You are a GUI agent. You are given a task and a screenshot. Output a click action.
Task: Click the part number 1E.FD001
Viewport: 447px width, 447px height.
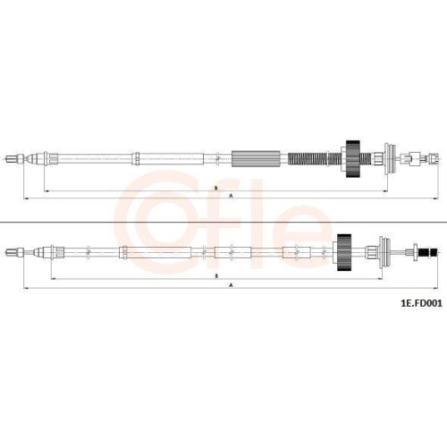point(421,303)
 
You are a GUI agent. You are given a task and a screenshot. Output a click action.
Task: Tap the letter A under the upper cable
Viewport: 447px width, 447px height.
point(231,196)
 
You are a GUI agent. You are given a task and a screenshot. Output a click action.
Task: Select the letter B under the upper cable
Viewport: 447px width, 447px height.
point(216,188)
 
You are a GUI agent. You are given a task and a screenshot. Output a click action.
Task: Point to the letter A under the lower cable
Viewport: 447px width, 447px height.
point(231,285)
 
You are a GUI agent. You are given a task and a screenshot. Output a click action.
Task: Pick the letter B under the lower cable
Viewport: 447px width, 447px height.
point(216,276)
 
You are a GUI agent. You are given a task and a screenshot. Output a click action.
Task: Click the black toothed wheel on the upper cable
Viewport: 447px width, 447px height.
point(353,158)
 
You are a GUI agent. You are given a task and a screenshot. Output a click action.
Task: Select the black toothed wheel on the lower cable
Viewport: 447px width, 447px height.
point(344,252)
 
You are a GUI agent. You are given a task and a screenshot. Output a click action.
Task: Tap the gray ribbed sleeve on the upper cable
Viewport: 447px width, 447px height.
point(256,159)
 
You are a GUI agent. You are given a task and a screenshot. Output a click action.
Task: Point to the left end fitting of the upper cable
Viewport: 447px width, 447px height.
point(14,158)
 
